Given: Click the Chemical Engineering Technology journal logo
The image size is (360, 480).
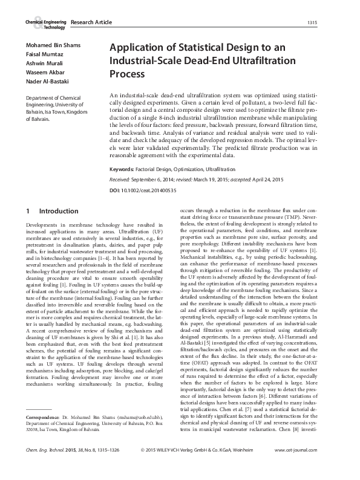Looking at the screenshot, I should pyautogui.click(x=45, y=24).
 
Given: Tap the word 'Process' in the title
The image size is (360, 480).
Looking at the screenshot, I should pyautogui.click(x=127, y=75).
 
